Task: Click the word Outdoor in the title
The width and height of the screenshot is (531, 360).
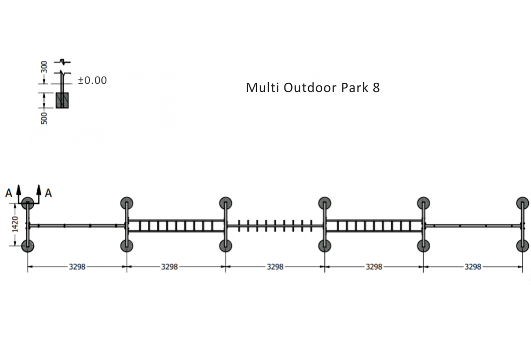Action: click(x=311, y=87)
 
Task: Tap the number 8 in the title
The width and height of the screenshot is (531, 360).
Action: click(x=376, y=88)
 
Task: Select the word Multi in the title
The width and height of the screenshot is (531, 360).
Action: click(x=263, y=87)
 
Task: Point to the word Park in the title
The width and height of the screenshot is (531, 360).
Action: click(x=355, y=87)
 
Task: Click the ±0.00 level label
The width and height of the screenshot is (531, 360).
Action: click(x=93, y=80)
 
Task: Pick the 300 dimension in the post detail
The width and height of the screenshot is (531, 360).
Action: click(x=44, y=67)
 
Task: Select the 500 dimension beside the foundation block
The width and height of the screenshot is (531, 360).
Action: click(x=44, y=118)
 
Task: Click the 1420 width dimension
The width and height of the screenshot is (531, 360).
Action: click(x=15, y=225)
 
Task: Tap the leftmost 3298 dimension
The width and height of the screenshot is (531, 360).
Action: click(x=77, y=267)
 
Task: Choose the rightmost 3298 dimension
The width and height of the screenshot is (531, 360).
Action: click(x=473, y=267)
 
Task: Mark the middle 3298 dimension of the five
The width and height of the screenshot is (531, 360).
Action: click(x=275, y=267)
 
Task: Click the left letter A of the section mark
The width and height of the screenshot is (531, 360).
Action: click(x=9, y=193)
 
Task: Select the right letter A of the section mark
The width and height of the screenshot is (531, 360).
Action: click(x=48, y=193)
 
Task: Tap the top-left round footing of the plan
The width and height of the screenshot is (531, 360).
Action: click(x=28, y=203)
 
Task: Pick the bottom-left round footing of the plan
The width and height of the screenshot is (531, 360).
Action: click(x=28, y=246)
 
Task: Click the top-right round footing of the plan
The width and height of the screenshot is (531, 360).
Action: click(x=523, y=203)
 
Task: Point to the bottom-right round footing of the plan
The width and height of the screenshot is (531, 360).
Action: click(x=523, y=246)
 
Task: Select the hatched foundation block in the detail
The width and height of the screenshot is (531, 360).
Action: click(x=62, y=100)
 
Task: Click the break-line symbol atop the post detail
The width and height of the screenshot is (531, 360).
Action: click(x=62, y=61)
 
